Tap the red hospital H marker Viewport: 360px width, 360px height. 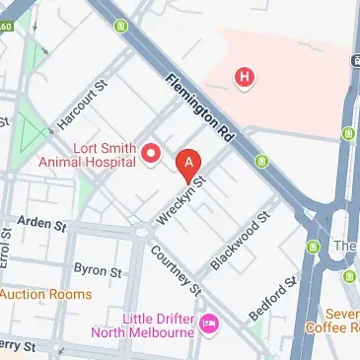click(244, 75)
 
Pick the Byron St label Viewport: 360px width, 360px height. click(98, 269)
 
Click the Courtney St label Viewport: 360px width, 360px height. click(176, 269)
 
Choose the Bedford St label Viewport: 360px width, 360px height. click(270, 298)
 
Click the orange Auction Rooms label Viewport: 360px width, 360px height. click(44, 294)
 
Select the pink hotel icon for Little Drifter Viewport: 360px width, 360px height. click(208, 324)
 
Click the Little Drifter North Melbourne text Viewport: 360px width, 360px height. click(143, 324)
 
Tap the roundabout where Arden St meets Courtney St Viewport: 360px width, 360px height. click(141, 234)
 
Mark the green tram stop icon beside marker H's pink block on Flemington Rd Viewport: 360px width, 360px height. click(261, 160)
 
